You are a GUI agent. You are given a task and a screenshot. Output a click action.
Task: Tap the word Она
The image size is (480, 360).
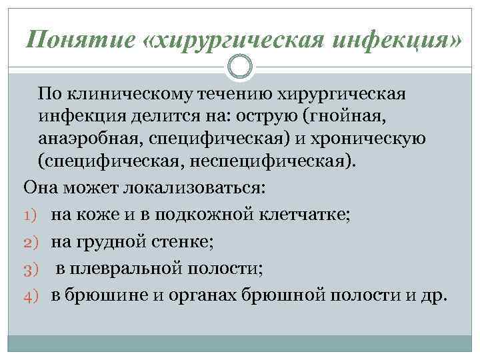point(41,186)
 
